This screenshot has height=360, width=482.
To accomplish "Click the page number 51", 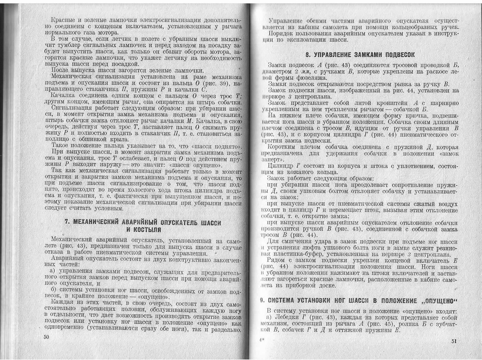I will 453,341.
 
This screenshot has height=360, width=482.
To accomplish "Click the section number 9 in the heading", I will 262,300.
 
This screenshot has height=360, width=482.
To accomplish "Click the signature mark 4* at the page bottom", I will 261,339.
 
